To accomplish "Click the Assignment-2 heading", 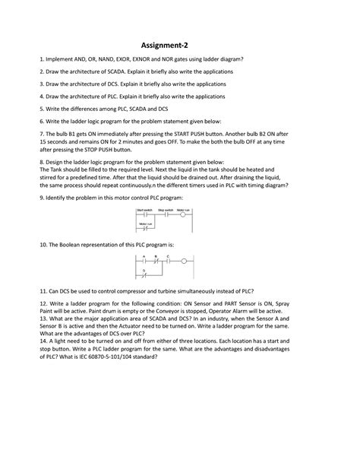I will click(x=180, y=45).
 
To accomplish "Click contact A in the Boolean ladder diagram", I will click(x=143, y=261).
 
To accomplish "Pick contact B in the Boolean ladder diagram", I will click(x=156, y=261).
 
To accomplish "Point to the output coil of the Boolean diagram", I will click(x=185, y=261).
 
